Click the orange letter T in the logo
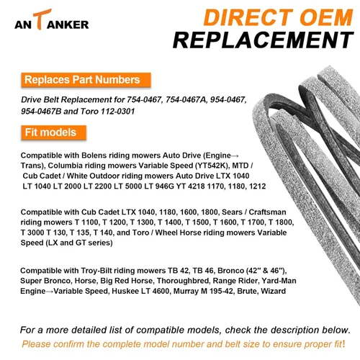(41, 19)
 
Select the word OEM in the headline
(327, 17)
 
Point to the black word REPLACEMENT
(264, 40)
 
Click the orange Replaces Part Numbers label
(86, 80)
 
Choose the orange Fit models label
(54, 132)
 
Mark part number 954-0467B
(41, 112)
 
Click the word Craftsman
(267, 212)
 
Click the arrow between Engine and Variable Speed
(50, 292)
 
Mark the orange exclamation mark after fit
(343, 343)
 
